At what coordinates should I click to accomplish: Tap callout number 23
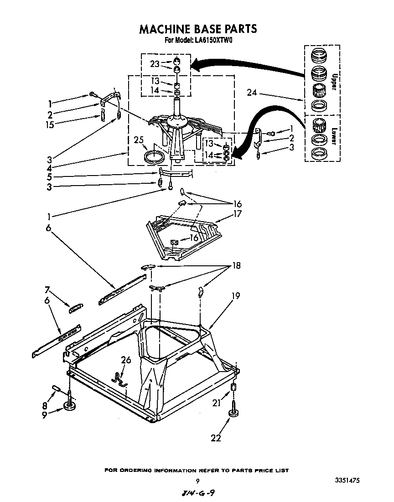point(155,64)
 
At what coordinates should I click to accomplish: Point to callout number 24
point(252,93)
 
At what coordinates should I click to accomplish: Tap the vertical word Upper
point(333,82)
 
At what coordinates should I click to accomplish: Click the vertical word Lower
point(333,135)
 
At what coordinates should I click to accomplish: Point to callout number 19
point(235,296)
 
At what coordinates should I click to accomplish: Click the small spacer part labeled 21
point(234,388)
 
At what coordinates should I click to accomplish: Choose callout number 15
point(50,124)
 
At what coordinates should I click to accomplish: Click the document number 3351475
point(347,481)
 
